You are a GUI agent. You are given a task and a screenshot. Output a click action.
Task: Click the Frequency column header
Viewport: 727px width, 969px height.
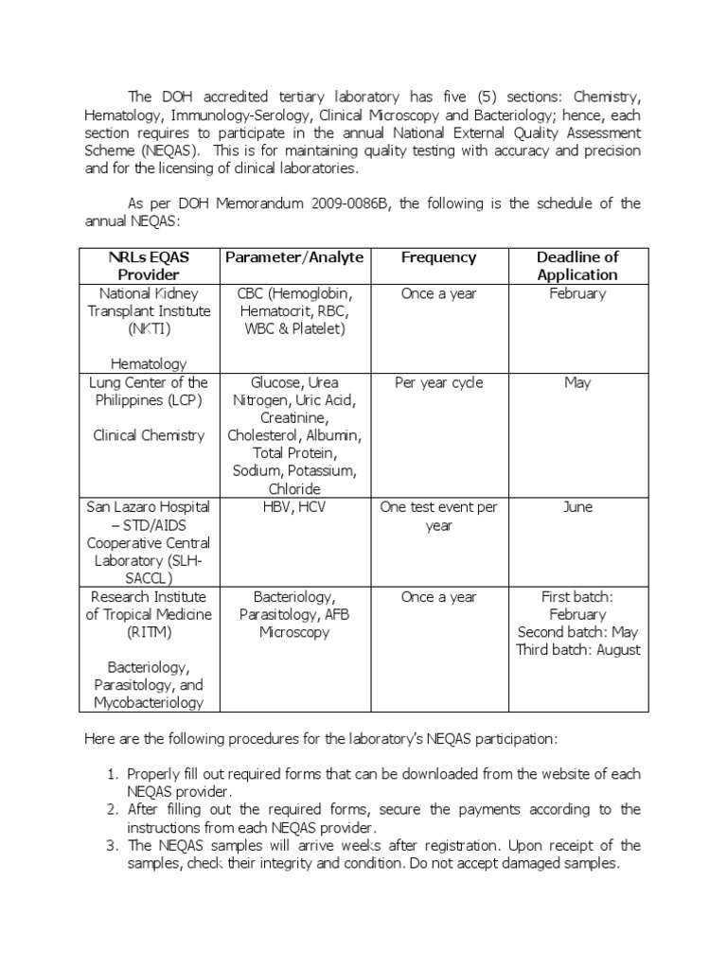coord(438,257)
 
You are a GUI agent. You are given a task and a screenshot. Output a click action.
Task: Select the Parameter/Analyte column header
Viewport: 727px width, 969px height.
coord(293,257)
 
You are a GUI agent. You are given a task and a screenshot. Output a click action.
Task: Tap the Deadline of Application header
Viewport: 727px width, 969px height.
coord(577,266)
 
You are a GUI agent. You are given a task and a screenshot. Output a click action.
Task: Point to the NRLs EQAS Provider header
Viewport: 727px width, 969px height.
coord(150,266)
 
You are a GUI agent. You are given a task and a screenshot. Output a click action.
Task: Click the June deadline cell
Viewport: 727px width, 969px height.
coord(577,507)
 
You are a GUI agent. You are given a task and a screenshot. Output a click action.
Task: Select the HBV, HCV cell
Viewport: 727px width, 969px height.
coord(293,507)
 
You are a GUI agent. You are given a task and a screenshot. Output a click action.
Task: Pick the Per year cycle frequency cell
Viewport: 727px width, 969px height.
coord(438,382)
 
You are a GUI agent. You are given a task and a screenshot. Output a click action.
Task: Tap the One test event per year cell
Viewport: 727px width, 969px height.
coord(438,516)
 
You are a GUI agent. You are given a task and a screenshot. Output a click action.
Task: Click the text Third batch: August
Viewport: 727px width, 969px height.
coord(577,650)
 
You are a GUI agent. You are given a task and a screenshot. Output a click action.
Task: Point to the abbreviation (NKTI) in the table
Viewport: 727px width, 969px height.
coord(150,328)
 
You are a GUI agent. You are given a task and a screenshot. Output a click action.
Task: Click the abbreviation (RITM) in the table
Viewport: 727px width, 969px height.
coord(150,632)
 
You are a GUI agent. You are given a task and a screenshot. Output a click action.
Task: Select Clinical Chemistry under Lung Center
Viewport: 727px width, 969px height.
coord(150,435)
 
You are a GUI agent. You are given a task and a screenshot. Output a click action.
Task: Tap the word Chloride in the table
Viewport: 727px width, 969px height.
coord(293,489)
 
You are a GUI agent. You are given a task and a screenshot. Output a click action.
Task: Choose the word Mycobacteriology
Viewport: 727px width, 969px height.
coord(150,703)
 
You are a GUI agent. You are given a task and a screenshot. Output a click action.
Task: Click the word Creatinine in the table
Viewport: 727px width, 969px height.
coord(293,417)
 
